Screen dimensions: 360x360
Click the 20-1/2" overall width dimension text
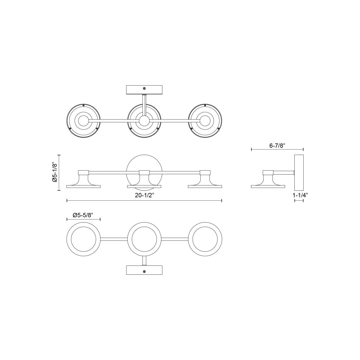click(144, 195)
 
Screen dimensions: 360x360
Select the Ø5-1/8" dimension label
click(55, 172)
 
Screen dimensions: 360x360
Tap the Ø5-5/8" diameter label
click(83, 215)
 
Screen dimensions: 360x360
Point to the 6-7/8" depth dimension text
click(277, 145)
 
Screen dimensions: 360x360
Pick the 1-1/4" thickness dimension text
click(300, 195)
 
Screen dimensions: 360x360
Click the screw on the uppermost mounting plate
click(144, 88)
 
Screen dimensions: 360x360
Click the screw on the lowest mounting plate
click(144, 272)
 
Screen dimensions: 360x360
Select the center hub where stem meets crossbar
click(144, 121)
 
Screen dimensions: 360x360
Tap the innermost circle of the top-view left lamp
click(83, 121)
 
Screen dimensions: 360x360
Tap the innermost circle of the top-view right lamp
click(205, 121)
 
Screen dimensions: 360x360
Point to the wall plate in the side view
click(299, 173)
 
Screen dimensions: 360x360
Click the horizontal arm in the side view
click(283, 172)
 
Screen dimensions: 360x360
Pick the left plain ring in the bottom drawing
click(83, 239)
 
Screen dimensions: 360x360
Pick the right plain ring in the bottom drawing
click(205, 239)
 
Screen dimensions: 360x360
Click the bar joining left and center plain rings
click(114, 239)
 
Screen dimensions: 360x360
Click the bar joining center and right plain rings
click(175, 239)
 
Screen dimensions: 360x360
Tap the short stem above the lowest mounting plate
click(144, 261)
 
